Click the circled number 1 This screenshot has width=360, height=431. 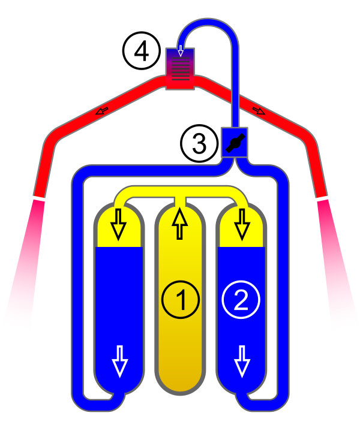click(180, 299)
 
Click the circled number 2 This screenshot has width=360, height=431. click(241, 300)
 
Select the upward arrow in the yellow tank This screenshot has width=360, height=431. click(179, 222)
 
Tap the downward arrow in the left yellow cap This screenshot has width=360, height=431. click(118, 224)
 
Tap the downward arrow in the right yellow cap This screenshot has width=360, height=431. click(242, 224)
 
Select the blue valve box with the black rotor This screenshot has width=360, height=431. click(234, 142)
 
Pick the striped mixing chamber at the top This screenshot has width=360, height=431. click(180, 68)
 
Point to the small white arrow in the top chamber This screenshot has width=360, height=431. click(180, 50)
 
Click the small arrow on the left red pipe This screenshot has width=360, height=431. click(102, 110)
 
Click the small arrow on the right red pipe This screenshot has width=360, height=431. click(259, 110)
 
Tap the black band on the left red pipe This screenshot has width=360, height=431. click(38, 197)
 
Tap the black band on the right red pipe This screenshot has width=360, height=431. click(322, 197)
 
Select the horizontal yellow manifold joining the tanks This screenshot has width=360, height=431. click(180, 192)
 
